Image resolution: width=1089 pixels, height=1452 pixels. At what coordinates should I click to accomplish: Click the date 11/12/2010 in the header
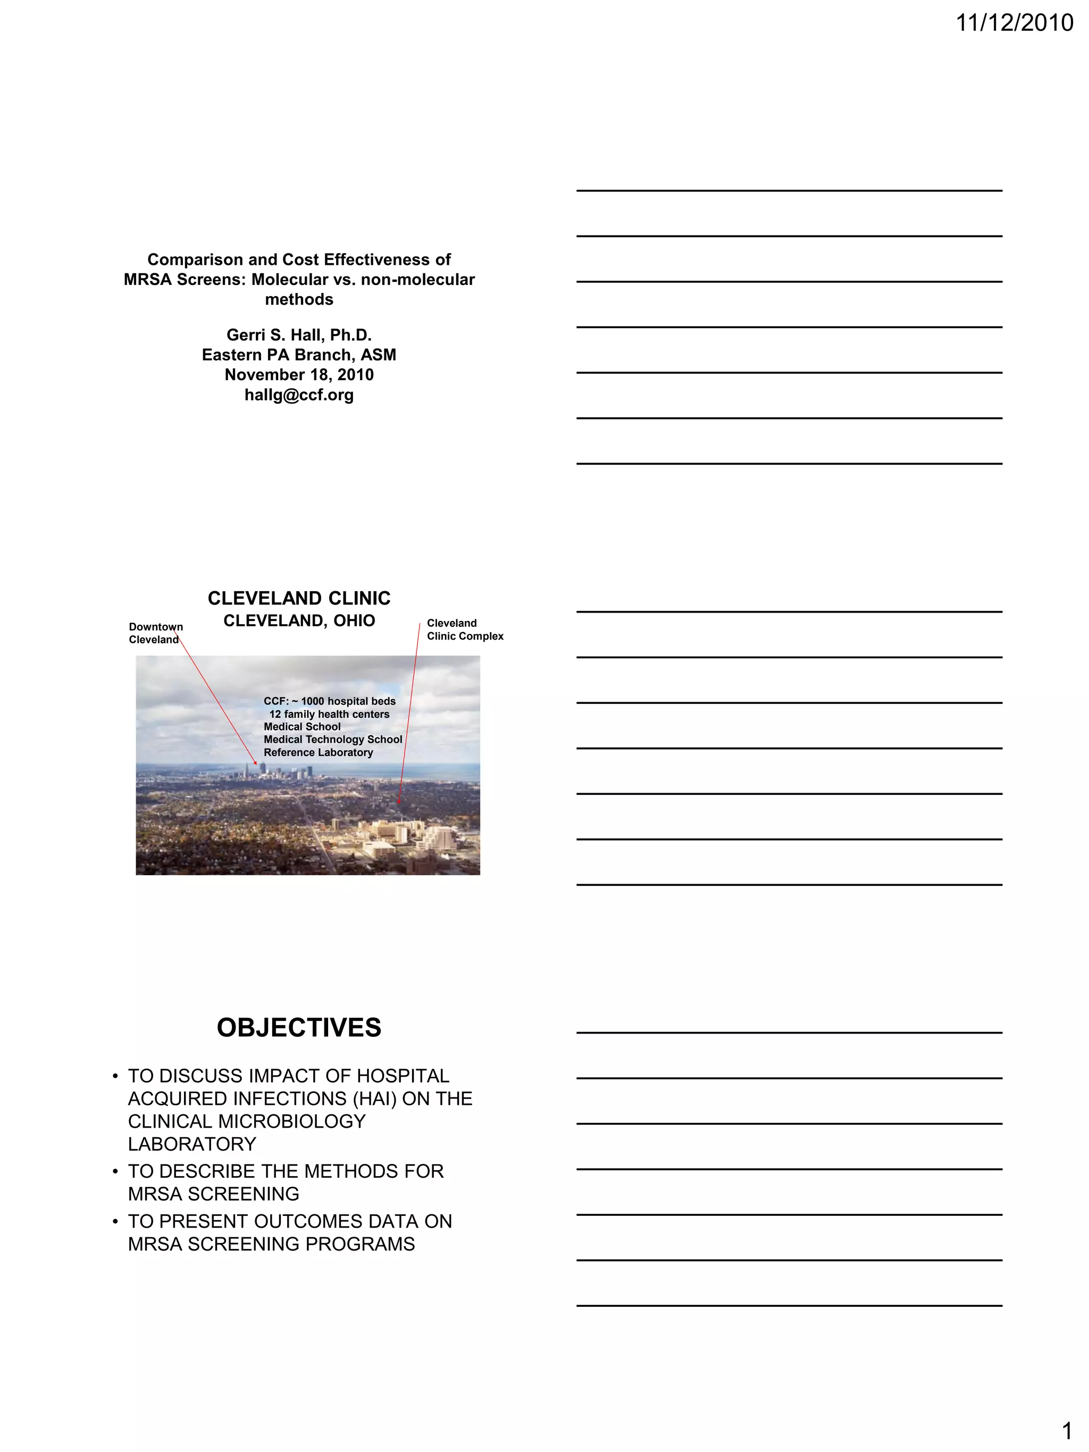pyautogui.click(x=1013, y=23)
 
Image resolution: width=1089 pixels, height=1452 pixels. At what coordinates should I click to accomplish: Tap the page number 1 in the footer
pyautogui.click(x=1067, y=1430)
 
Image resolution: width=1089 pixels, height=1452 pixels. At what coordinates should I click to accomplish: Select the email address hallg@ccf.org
pyautogui.click(x=299, y=395)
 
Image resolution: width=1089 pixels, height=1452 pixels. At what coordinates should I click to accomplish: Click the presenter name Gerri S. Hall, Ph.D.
pyautogui.click(x=299, y=335)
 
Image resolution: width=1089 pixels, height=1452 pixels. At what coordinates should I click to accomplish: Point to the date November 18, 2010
pyautogui.click(x=299, y=375)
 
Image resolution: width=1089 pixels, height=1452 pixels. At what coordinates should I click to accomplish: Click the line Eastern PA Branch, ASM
pyautogui.click(x=299, y=355)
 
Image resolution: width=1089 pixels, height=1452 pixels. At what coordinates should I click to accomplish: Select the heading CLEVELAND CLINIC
pyautogui.click(x=299, y=599)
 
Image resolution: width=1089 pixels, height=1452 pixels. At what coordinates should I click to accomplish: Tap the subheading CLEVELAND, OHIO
pyautogui.click(x=299, y=621)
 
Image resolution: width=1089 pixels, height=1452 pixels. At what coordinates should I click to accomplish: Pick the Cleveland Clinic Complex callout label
pyautogui.click(x=464, y=630)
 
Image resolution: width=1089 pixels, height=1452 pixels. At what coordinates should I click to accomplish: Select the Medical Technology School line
pyautogui.click(x=332, y=740)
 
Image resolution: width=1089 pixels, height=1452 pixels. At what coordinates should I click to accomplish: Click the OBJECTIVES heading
pyautogui.click(x=299, y=1028)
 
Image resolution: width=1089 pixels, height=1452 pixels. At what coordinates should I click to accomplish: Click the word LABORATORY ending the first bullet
pyautogui.click(x=191, y=1144)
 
